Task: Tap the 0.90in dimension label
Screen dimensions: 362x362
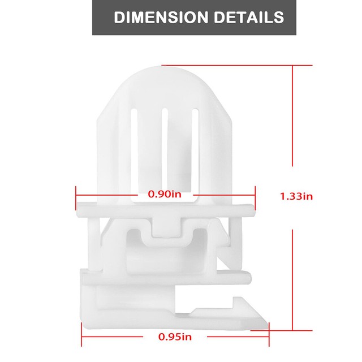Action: click(165, 194)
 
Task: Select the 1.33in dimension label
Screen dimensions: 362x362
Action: click(296, 196)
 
